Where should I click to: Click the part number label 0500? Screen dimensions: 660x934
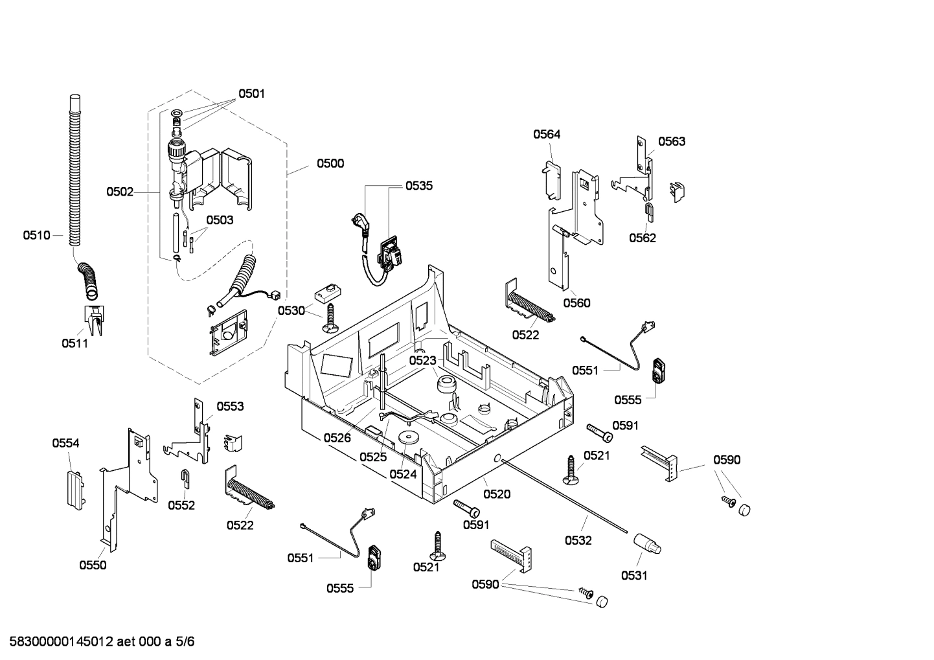point(330,163)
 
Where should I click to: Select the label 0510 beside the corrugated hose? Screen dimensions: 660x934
point(36,235)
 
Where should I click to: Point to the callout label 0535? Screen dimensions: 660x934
point(419,186)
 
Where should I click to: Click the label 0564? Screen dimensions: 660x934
point(547,134)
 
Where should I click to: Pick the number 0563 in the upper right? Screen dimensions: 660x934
point(672,141)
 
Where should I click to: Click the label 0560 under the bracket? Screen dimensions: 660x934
point(576,302)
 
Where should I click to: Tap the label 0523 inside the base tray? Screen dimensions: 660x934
point(422,361)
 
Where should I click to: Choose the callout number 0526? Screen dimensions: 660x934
point(337,438)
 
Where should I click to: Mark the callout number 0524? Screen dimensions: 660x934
point(403,474)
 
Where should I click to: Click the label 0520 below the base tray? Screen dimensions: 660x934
point(497,494)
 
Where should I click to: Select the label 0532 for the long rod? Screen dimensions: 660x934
point(578,540)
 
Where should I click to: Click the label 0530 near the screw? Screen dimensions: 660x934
point(291,311)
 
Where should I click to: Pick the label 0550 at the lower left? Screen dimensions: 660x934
point(93,565)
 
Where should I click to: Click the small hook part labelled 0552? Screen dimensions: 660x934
point(184,478)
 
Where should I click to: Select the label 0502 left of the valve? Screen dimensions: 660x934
point(120,192)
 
